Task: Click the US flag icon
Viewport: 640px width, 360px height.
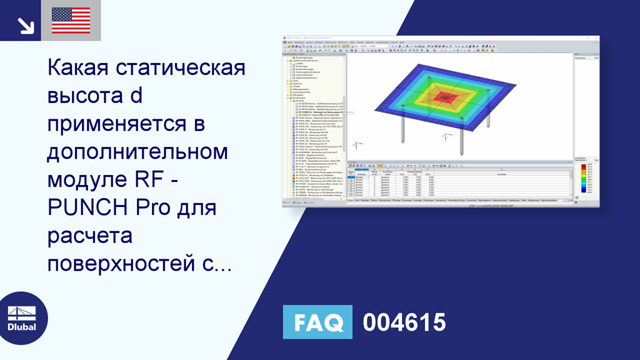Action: tap(71, 20)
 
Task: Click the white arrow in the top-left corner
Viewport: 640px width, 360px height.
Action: tap(25, 25)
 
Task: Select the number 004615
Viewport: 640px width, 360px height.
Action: tap(404, 322)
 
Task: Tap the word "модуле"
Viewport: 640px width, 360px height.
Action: tap(86, 180)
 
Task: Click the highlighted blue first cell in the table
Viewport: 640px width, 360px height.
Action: tap(351, 178)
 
